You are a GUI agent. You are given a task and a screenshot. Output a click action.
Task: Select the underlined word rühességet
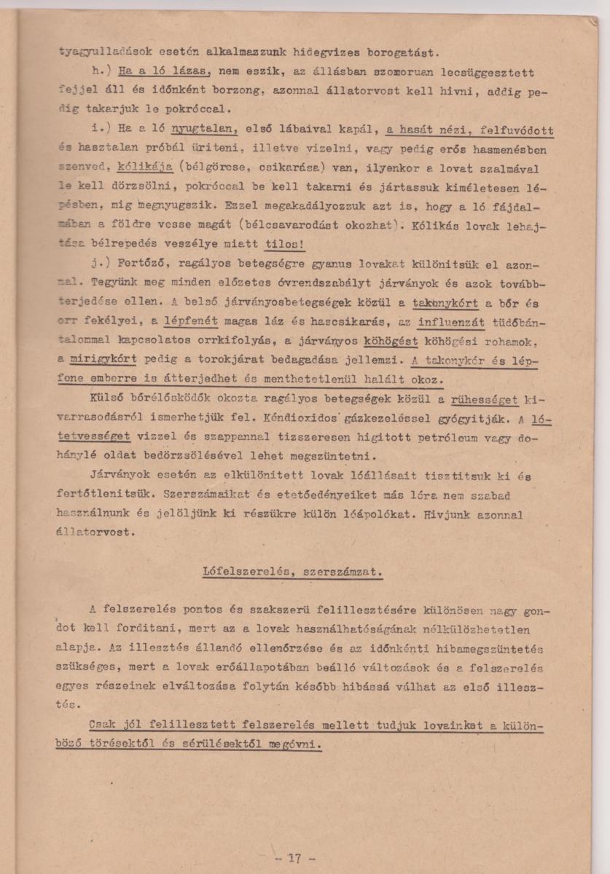[x=485, y=400]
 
